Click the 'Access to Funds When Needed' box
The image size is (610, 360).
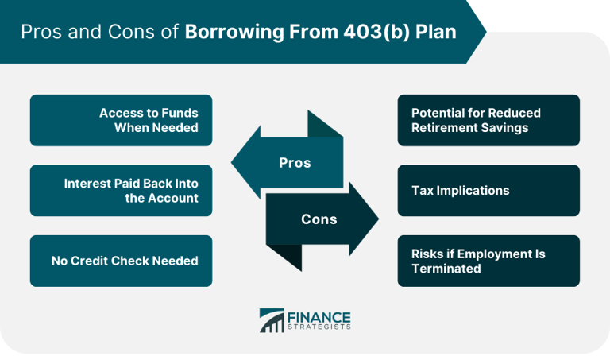(x=121, y=120)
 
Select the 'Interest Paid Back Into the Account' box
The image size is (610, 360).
(x=121, y=191)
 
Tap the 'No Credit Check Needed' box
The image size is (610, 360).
(x=121, y=261)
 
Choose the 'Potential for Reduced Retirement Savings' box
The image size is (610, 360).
(x=488, y=120)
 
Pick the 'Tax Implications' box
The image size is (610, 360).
(x=488, y=191)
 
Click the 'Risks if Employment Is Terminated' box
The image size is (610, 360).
(x=488, y=261)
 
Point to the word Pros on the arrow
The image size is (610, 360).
(x=295, y=163)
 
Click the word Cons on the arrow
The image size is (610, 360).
(x=319, y=219)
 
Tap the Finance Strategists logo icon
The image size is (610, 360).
(x=272, y=321)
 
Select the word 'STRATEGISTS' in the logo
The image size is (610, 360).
(x=321, y=327)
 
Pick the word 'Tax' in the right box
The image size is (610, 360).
(x=423, y=191)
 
